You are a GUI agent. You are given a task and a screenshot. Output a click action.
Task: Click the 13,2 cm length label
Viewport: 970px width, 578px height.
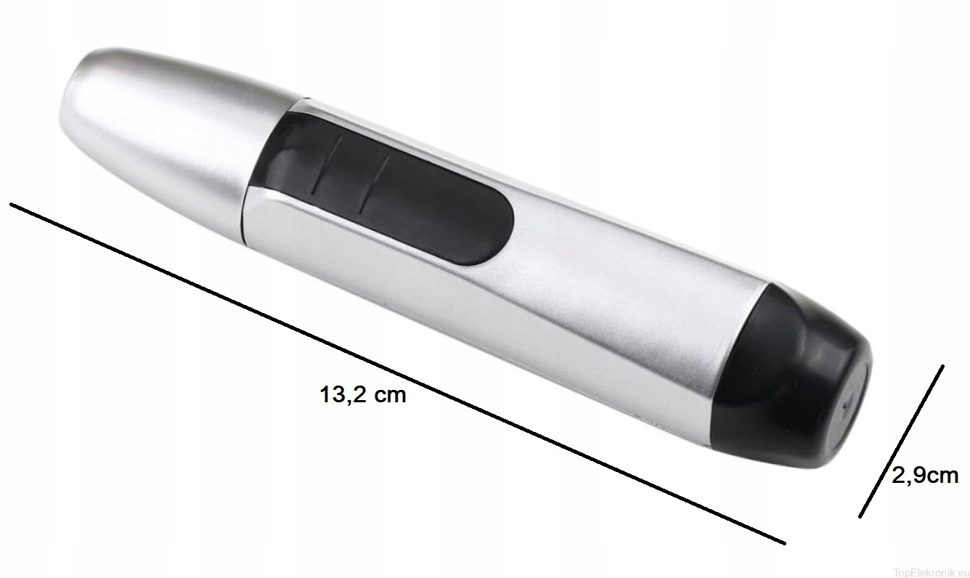point(363,395)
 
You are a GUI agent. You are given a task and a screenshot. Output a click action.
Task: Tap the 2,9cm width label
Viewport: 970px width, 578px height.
point(925,476)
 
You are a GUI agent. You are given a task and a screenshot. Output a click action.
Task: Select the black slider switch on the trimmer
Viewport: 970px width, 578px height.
point(381,186)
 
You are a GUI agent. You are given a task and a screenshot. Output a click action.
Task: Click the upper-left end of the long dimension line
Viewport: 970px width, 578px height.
point(11,204)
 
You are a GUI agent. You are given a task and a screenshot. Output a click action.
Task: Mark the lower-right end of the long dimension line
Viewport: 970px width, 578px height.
point(784,543)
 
